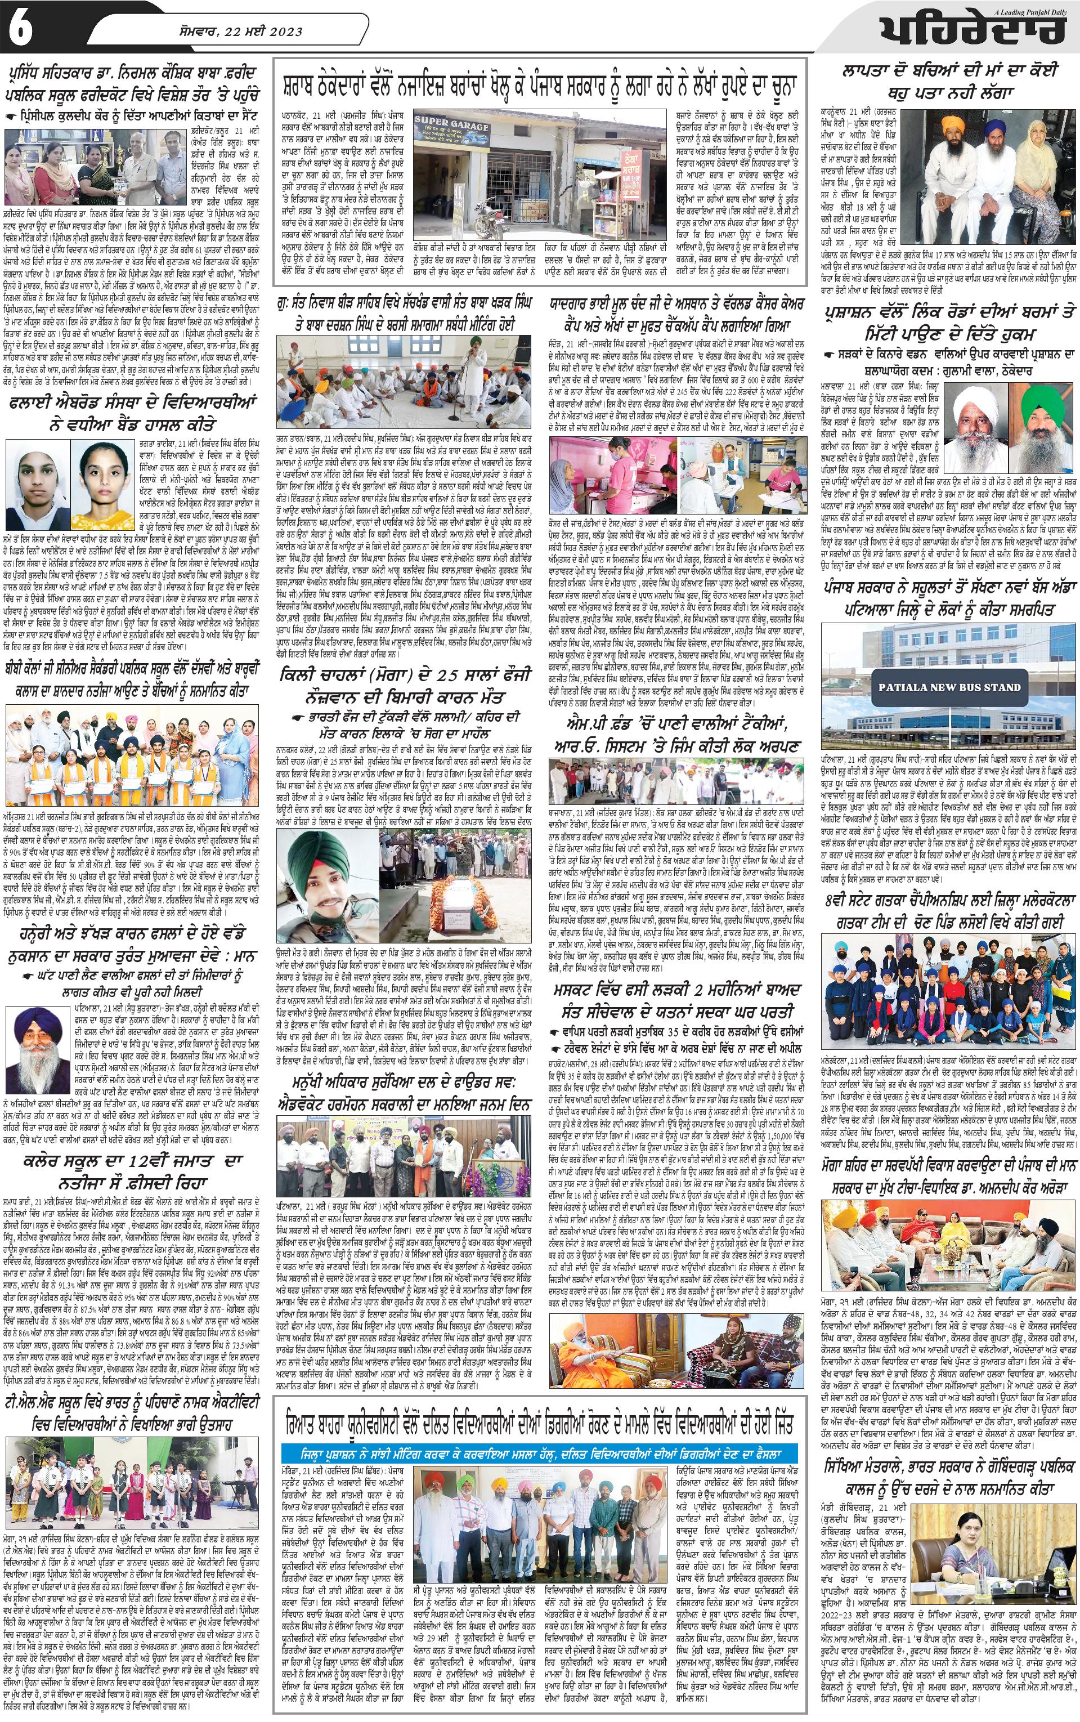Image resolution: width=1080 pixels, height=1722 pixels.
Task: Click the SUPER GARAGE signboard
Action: [x=451, y=127]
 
